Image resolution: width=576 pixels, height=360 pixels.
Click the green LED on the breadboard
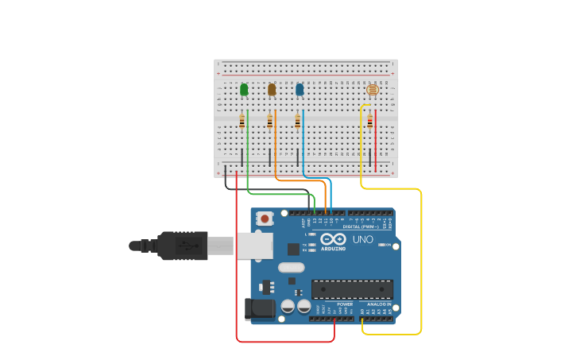(x=244, y=90)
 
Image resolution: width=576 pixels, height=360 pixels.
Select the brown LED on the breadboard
(x=272, y=90)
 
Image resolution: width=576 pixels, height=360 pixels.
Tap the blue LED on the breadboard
(x=300, y=90)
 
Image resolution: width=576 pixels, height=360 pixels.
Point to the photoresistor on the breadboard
(x=372, y=90)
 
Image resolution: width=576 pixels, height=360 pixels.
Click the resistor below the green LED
(x=242, y=122)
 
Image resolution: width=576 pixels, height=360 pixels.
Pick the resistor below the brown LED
(x=270, y=122)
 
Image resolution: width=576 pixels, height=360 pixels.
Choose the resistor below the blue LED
(x=298, y=122)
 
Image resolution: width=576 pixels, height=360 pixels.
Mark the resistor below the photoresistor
(x=370, y=121)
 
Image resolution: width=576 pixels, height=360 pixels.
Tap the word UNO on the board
(x=362, y=239)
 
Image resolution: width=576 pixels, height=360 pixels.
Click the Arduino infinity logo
(x=334, y=239)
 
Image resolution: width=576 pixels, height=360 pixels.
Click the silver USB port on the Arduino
(x=254, y=246)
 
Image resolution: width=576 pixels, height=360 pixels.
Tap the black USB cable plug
(x=182, y=246)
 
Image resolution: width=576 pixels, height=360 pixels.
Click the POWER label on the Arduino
(x=345, y=304)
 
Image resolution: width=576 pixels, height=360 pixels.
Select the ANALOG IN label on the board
(x=378, y=304)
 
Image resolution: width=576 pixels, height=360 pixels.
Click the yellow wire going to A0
(x=420, y=262)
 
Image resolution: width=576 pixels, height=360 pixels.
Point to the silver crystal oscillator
(x=292, y=268)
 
